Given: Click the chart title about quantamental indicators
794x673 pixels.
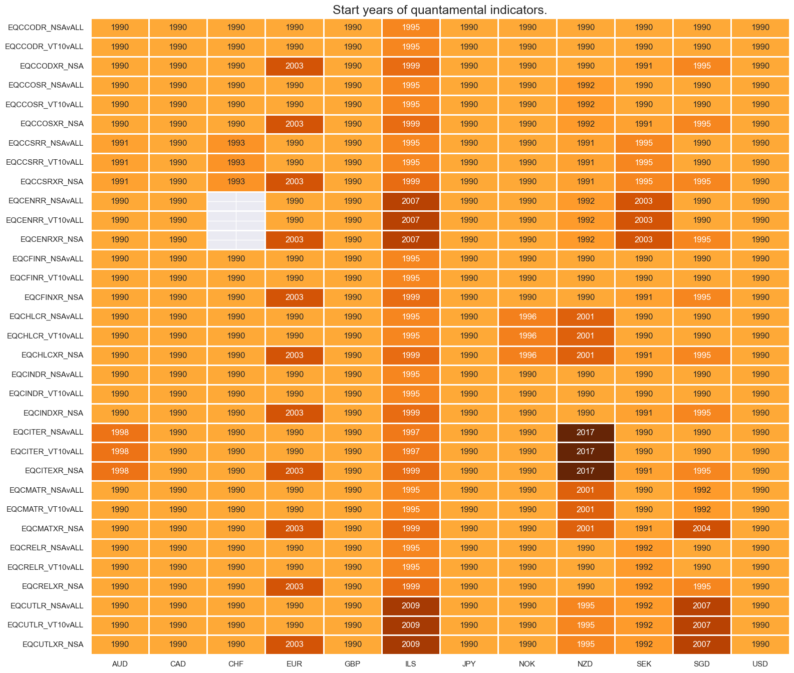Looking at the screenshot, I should (439, 10).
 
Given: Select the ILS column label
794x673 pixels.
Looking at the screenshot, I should (410, 663).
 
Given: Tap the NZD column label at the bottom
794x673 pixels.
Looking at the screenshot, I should (585, 663).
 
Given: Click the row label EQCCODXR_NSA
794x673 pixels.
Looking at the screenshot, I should (52, 66).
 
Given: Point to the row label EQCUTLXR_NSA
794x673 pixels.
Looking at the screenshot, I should (53, 644).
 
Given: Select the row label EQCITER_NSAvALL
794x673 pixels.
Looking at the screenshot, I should (48, 432).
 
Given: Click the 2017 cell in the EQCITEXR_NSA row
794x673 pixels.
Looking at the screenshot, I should (585, 471).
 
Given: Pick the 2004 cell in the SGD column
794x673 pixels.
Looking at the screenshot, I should (701, 529).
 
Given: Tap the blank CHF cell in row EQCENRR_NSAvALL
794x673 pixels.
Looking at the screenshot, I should (236, 201).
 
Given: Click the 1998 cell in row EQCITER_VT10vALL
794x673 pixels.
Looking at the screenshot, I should (120, 452).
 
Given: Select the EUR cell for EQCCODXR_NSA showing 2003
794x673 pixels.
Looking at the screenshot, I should (294, 66).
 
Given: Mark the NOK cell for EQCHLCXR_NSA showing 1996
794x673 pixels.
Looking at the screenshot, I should (527, 355).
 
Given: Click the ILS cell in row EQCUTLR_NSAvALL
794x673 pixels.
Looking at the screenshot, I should (410, 606).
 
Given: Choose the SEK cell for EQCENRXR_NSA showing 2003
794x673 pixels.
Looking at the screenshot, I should (643, 239).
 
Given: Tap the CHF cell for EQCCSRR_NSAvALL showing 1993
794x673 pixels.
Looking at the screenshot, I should (236, 143).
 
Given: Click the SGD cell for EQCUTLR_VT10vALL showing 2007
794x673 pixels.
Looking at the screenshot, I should (701, 625).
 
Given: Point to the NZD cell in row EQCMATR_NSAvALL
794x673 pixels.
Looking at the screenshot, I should (585, 490).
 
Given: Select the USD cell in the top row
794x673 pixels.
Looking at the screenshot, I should (760, 28).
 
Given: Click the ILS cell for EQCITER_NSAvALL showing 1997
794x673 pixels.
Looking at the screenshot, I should (410, 432).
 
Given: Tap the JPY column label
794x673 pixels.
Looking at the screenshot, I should (469, 663).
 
